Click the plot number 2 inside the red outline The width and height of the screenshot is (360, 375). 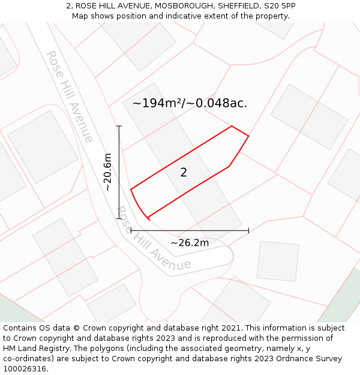pos(184,173)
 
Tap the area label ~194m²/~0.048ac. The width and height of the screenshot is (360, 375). pos(190,103)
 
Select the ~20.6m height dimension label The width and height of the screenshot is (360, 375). pos(108,172)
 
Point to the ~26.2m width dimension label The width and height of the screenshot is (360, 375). pos(190,243)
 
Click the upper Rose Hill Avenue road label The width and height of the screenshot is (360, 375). pos(70,97)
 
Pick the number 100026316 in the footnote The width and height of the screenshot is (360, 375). pos(25,368)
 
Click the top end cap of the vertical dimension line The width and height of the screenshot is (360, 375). pos(119,126)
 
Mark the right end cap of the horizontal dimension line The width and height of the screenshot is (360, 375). pos(248,230)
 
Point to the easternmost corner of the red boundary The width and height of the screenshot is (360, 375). pos(248,136)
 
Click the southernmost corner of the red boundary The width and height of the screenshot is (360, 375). pos(148,217)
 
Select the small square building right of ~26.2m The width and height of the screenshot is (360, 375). pos(278,261)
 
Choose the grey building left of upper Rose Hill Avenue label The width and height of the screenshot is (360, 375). pos(43,146)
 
